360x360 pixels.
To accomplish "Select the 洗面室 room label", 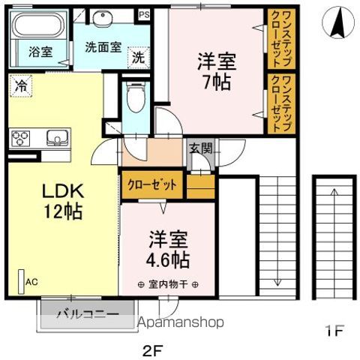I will [x=103, y=46].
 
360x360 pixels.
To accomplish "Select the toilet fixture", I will [x=136, y=97].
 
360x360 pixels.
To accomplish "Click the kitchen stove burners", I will [x=21, y=138].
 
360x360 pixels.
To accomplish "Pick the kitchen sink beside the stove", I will [x=56, y=138].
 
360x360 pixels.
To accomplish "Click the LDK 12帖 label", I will [x=61, y=200].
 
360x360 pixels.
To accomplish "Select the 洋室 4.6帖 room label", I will [x=166, y=250].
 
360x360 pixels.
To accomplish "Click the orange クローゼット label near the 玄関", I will [x=152, y=184].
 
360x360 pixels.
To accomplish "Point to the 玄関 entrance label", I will [x=199, y=148].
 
